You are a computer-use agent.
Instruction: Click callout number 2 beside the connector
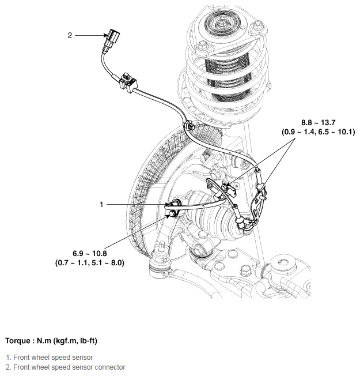click(70, 35)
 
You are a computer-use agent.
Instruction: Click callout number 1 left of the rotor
click(101, 204)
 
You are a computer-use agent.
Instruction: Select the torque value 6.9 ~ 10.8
click(90, 253)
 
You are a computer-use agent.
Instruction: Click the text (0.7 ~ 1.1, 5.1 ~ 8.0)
click(90, 262)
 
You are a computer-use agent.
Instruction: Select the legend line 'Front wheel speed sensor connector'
click(65, 367)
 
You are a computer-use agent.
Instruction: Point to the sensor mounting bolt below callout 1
click(172, 215)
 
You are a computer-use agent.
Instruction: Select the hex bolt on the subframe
click(245, 269)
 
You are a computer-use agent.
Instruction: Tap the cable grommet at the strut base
click(188, 125)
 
